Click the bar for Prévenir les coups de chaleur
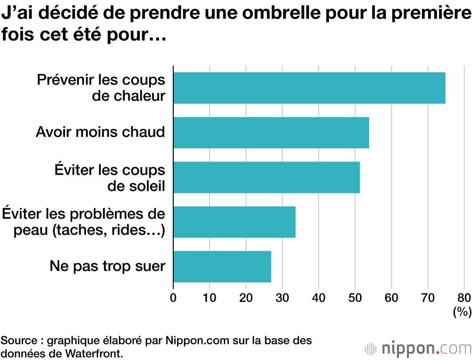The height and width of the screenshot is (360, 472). click(x=309, y=88)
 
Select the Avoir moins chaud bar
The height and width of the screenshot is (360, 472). click(x=271, y=133)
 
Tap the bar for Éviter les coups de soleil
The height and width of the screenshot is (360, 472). click(x=266, y=177)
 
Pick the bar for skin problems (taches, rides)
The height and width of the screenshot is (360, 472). click(x=234, y=222)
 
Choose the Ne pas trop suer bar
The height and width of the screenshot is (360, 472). click(x=222, y=266)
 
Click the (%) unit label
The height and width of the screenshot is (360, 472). click(x=462, y=311)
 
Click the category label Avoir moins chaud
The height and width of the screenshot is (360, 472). click(x=101, y=132)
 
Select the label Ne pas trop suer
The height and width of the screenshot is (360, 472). click(x=108, y=266)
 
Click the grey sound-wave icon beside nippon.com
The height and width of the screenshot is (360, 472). click(x=371, y=349)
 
